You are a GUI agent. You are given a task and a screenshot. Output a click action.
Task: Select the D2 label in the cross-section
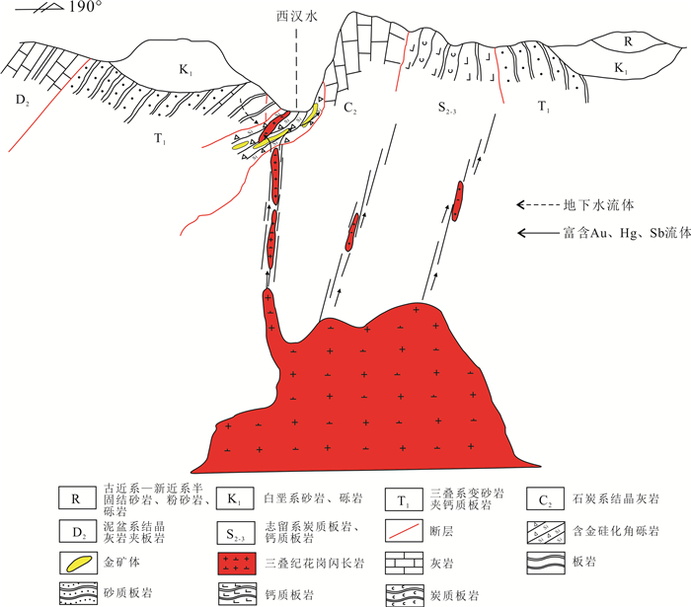point(22,99)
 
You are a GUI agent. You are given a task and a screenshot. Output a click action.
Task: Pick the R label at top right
point(628,41)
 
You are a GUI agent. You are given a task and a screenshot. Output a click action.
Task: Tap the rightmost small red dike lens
point(459,197)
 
